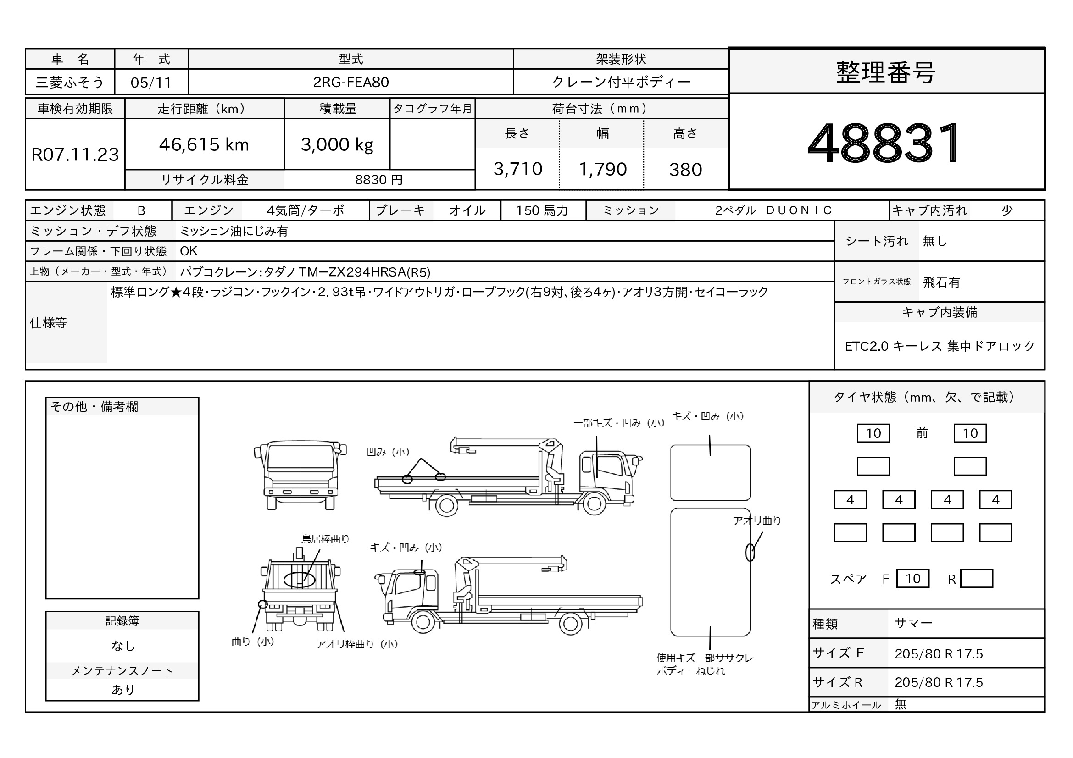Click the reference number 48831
coord(884,143)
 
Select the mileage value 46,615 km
coord(204,145)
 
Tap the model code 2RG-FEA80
coord(351,82)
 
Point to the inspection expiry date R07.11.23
coord(75,155)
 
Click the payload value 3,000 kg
coord(337,145)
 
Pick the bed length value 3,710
coord(518,169)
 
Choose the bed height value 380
coord(685,170)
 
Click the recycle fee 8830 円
coord(378,180)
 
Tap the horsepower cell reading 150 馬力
coord(542,210)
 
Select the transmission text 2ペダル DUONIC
coord(774,210)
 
